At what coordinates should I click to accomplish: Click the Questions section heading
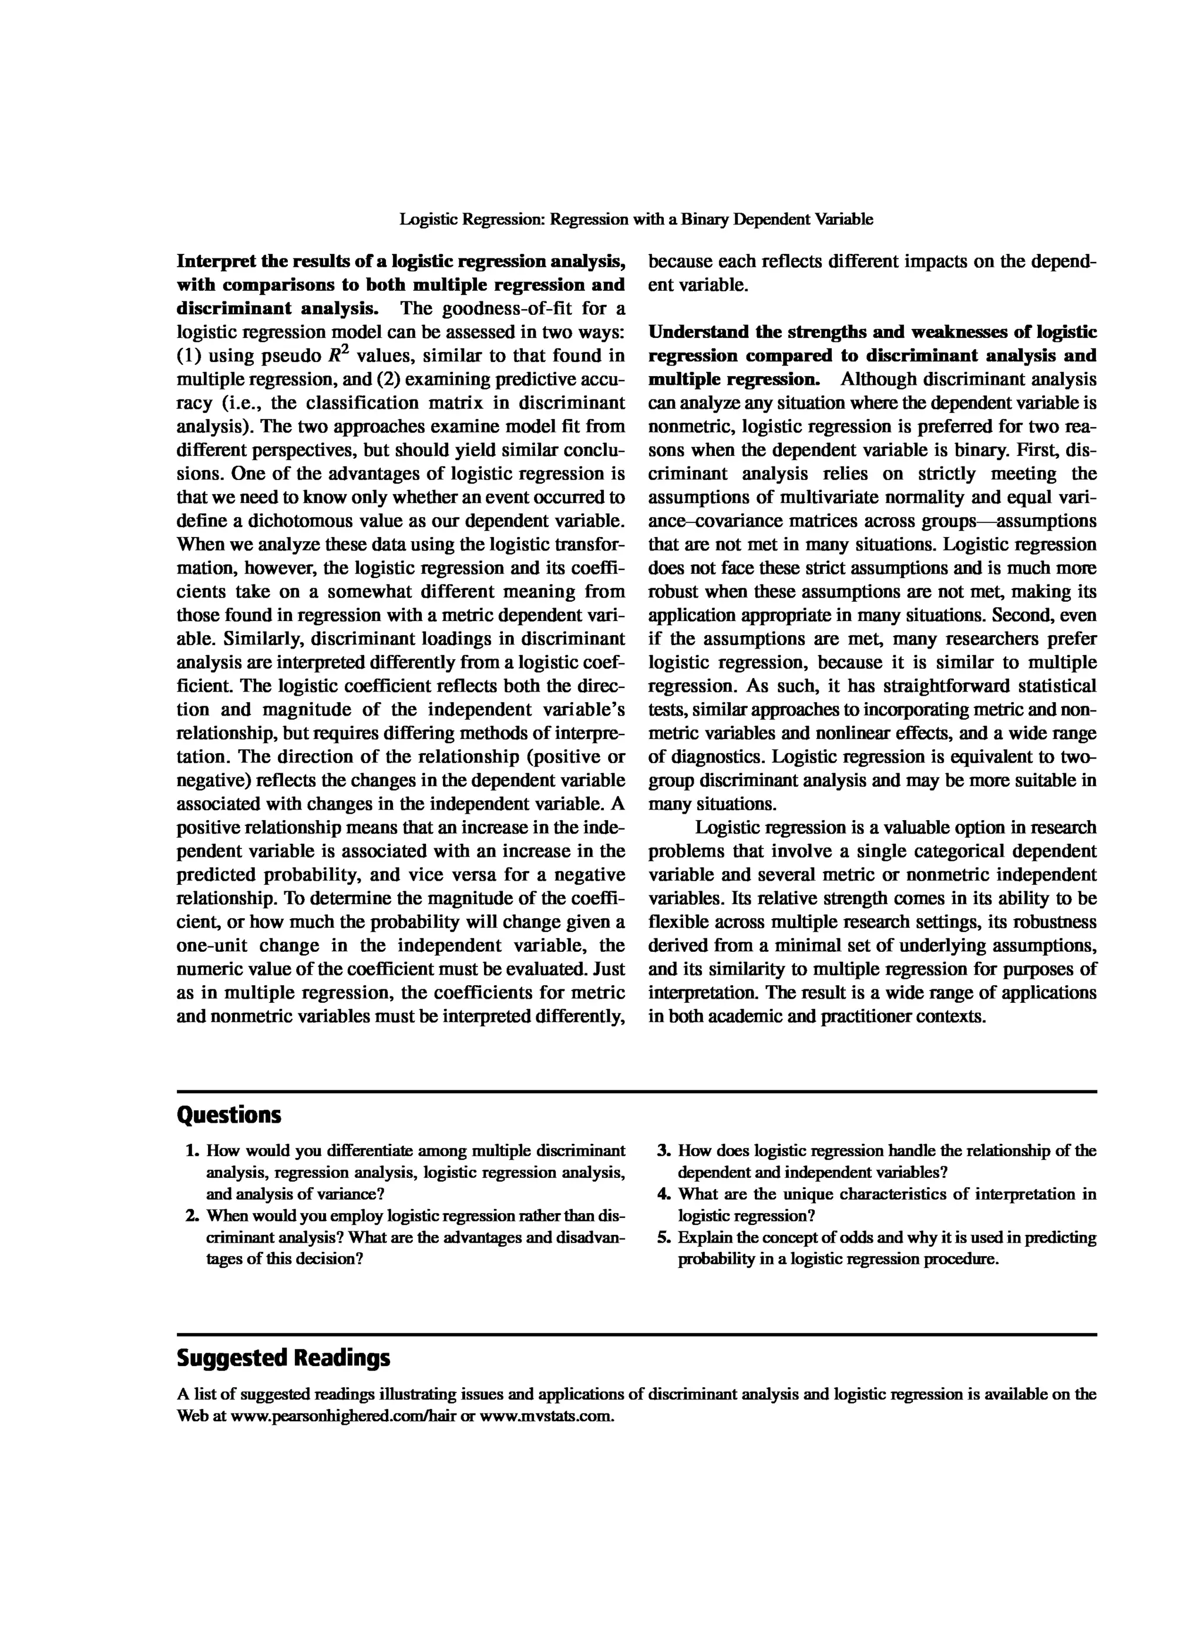click(x=228, y=1115)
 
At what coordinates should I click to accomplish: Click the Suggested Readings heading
click(x=283, y=1358)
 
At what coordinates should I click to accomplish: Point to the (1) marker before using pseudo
click(x=189, y=356)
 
